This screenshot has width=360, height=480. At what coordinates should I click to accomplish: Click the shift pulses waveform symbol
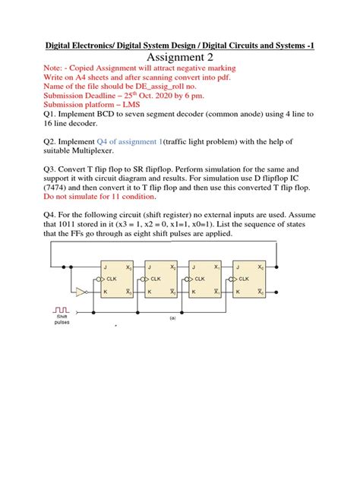(x=61, y=308)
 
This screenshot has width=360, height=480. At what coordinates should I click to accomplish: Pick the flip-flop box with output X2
(x=161, y=279)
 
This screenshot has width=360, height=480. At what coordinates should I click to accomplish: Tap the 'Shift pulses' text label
(x=61, y=320)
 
